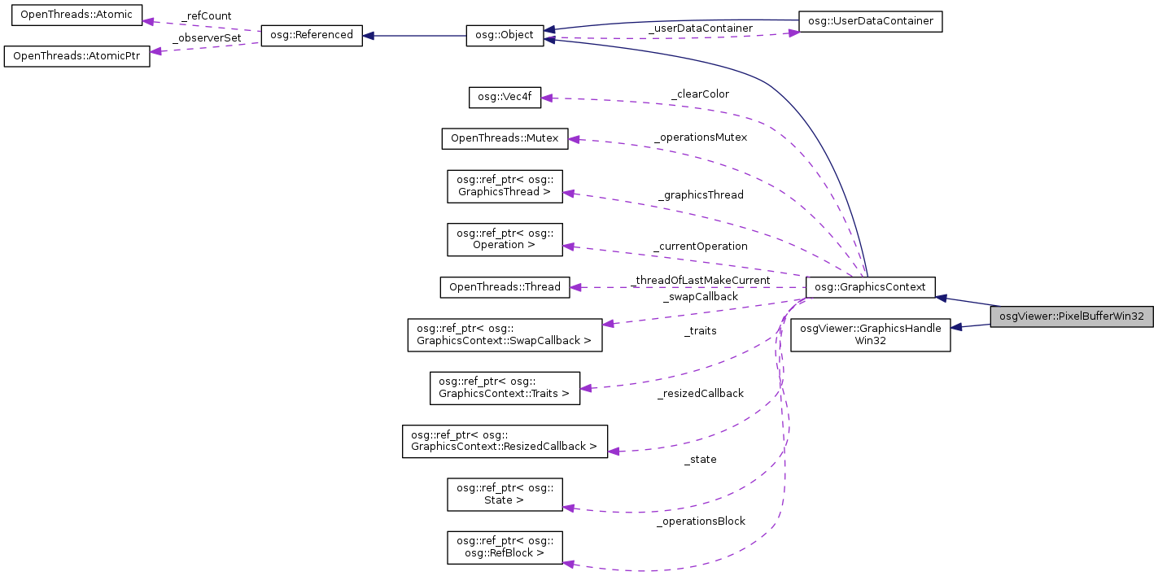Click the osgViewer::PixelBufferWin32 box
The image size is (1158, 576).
(x=1072, y=316)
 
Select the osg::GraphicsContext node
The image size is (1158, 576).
(x=870, y=286)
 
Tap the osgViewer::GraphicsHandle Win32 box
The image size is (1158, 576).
(x=871, y=335)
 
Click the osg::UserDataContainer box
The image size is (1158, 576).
(x=870, y=22)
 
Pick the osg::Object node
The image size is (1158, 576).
(x=505, y=36)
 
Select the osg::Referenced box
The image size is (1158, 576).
(x=311, y=36)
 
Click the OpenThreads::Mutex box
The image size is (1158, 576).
(x=505, y=138)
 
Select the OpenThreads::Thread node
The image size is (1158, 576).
(x=505, y=286)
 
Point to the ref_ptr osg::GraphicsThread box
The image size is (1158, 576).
(x=505, y=186)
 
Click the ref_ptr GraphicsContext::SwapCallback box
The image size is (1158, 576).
(x=505, y=335)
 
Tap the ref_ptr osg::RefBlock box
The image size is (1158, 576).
(x=505, y=548)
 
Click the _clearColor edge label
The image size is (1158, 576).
(x=700, y=94)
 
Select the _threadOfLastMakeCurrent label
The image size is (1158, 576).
(x=701, y=281)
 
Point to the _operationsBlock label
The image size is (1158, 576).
(x=701, y=521)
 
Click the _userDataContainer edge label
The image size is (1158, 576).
(x=700, y=28)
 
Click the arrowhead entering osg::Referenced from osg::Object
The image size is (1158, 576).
(x=369, y=36)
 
